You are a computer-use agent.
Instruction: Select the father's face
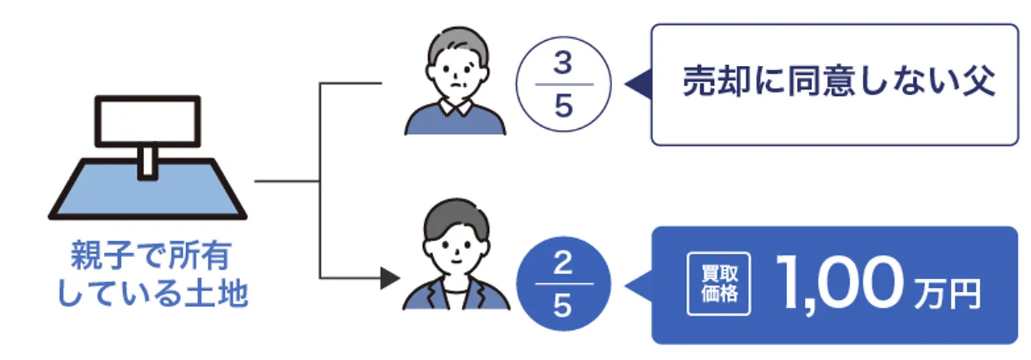(455, 74)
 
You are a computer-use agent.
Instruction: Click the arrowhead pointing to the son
(389, 278)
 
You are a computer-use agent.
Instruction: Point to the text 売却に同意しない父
(838, 83)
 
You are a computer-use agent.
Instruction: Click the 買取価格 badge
(719, 284)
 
